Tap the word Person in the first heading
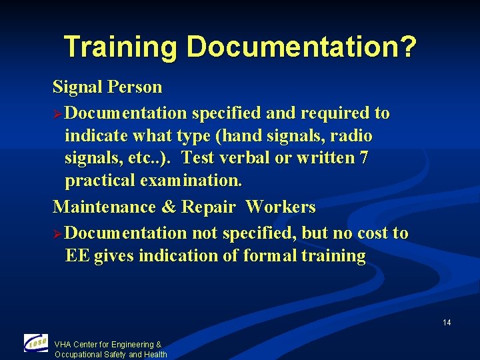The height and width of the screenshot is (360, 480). (138, 87)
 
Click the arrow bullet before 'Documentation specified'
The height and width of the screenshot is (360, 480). (59, 113)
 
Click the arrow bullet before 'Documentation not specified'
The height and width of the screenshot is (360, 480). (59, 233)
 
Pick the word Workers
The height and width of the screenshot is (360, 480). (280, 207)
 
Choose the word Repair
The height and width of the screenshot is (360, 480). (208, 207)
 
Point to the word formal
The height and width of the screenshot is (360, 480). (275, 256)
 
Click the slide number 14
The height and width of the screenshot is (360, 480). (447, 323)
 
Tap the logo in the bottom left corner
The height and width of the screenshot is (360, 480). (36, 343)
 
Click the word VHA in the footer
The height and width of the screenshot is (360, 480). (63, 345)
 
